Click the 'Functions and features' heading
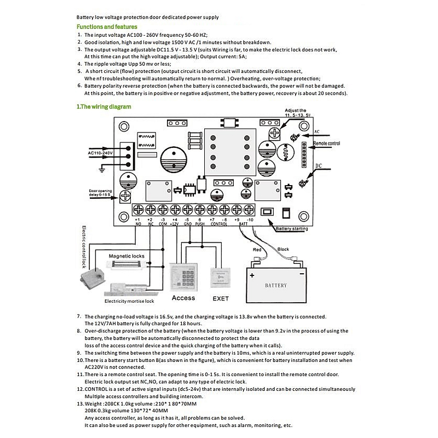click(107, 26)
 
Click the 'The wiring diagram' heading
click(103, 107)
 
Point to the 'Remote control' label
click(326, 143)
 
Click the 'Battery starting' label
click(292, 228)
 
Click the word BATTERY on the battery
click(275, 285)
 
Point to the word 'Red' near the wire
click(257, 250)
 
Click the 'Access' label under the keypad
click(183, 298)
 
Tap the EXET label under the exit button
click(220, 298)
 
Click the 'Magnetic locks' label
click(126, 256)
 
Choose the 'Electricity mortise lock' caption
click(129, 301)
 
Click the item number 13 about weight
click(80, 404)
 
